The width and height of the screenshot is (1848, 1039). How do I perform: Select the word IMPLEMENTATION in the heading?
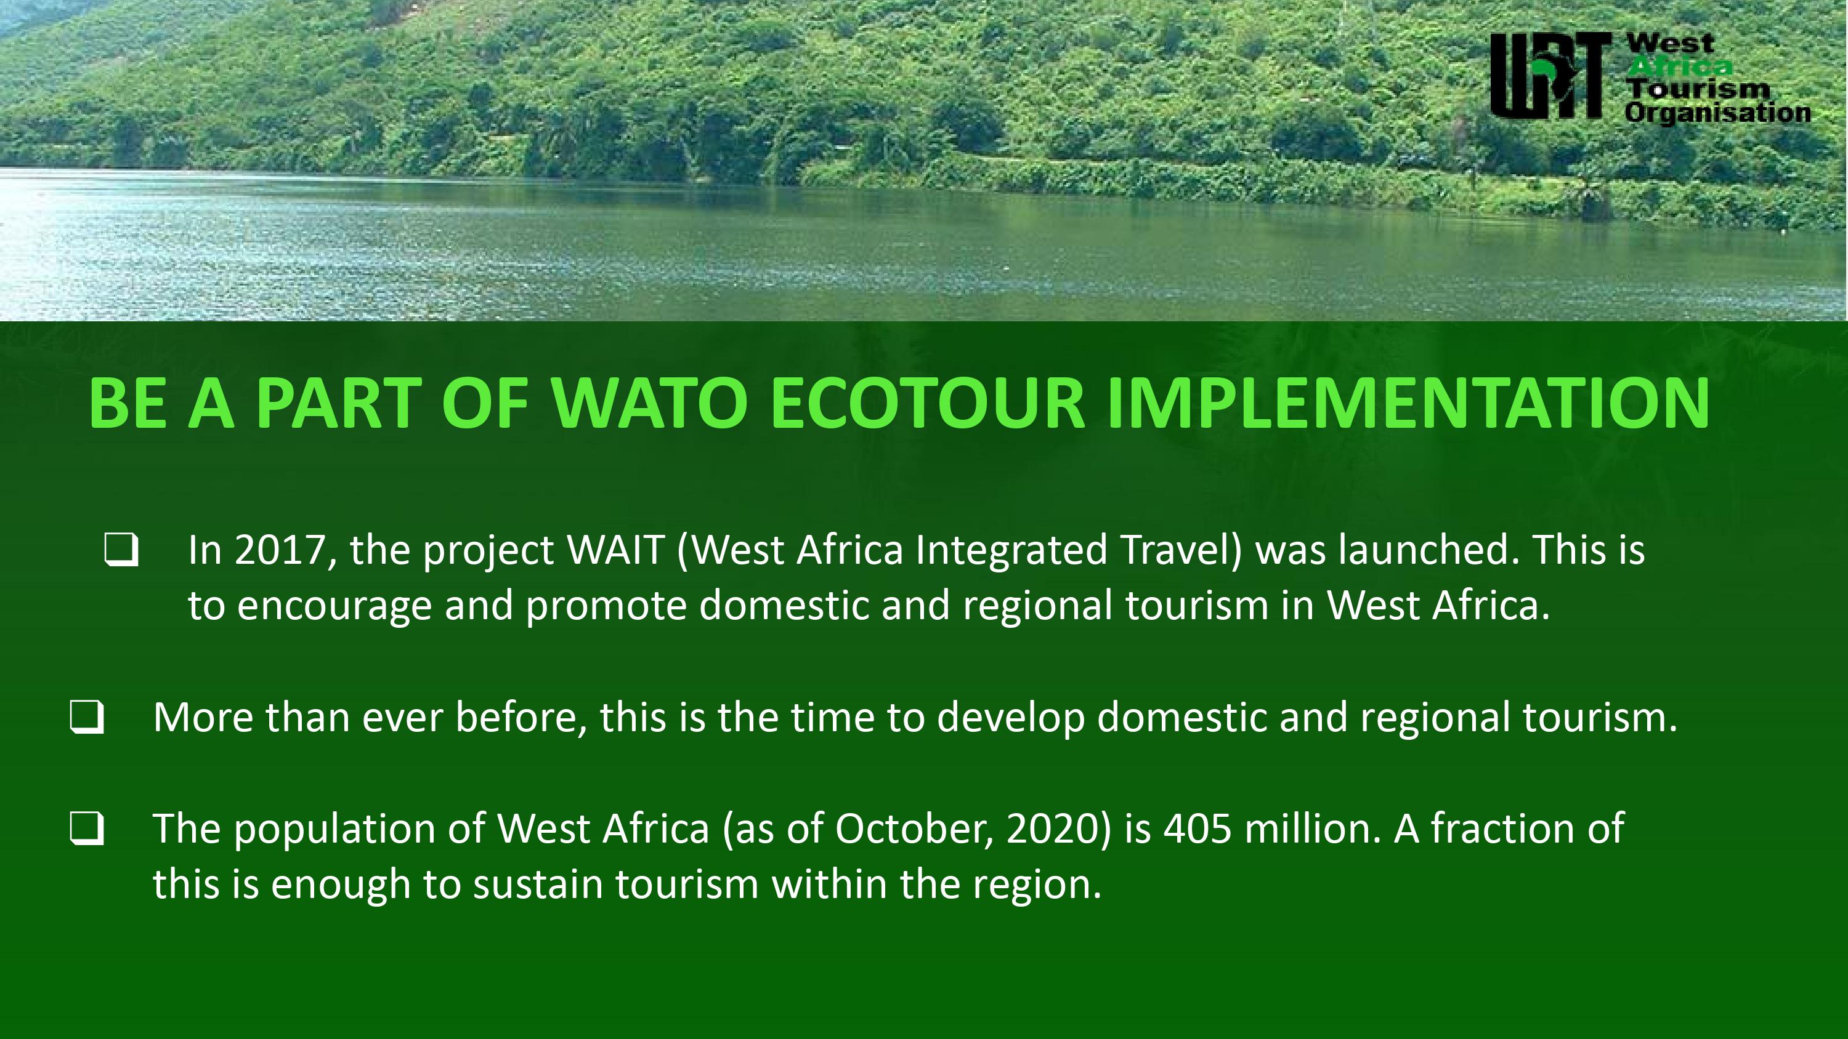[x=1409, y=403]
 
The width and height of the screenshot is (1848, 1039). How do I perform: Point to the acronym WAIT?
[x=615, y=550]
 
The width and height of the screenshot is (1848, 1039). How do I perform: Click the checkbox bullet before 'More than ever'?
[x=87, y=717]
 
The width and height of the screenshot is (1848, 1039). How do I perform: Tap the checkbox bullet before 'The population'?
[x=87, y=829]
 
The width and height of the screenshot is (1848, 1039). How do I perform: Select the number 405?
[x=1198, y=830]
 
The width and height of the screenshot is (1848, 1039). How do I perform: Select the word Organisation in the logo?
[x=1717, y=113]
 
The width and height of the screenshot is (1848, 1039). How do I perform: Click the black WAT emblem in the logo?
[x=1547, y=76]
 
